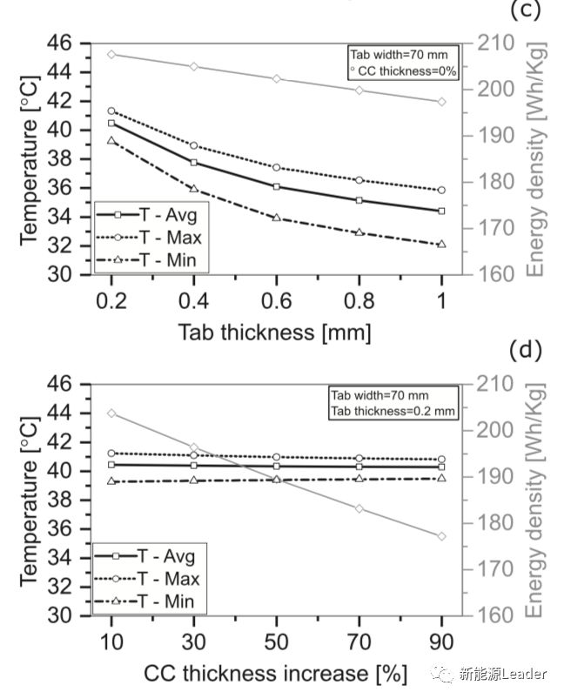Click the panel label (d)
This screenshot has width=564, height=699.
click(x=526, y=351)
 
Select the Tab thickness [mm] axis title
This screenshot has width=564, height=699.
click(x=275, y=332)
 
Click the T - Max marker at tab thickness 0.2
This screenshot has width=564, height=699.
click(x=111, y=111)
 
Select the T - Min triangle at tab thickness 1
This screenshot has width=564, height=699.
click(x=441, y=244)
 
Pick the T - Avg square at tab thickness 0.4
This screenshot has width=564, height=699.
click(x=193, y=162)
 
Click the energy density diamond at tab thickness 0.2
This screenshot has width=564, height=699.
click(x=111, y=54)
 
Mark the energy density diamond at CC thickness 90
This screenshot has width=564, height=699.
click(x=441, y=536)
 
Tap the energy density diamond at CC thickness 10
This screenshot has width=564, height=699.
click(x=111, y=413)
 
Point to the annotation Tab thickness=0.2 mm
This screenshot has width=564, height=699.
click(x=393, y=412)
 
